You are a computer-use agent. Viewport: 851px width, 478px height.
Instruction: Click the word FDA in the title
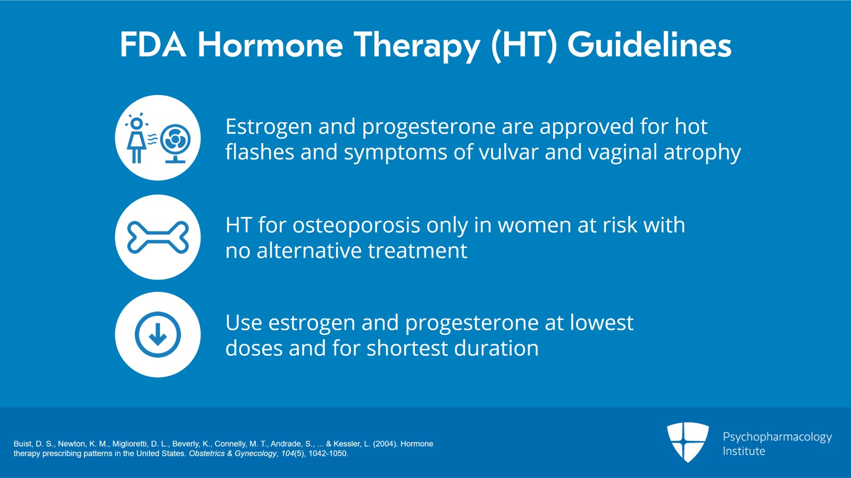[153, 45]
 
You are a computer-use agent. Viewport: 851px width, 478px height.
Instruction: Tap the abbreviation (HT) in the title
[524, 46]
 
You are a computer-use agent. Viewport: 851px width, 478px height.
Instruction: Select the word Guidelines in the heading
[649, 45]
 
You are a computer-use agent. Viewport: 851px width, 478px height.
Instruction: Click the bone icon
[158, 237]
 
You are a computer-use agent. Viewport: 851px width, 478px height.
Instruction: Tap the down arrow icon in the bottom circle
[158, 335]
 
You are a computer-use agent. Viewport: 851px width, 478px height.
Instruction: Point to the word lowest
[602, 323]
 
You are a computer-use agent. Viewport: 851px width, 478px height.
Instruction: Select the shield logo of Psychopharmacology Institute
[688, 441]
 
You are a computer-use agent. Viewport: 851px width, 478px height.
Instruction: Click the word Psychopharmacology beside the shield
[777, 437]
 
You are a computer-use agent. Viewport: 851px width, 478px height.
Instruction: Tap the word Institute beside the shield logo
[744, 451]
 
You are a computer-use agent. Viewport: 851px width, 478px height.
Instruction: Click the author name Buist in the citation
[23, 444]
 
